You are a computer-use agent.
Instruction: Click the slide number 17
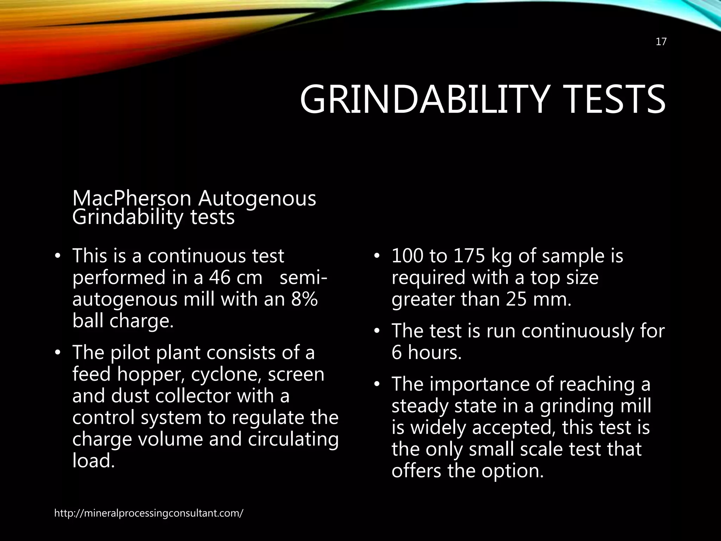[661, 42]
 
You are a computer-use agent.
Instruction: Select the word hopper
[151, 375]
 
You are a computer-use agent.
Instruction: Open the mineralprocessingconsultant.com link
[149, 513]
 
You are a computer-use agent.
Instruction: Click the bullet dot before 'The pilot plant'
[58, 353]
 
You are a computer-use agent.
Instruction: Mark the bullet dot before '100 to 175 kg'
[377, 256]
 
